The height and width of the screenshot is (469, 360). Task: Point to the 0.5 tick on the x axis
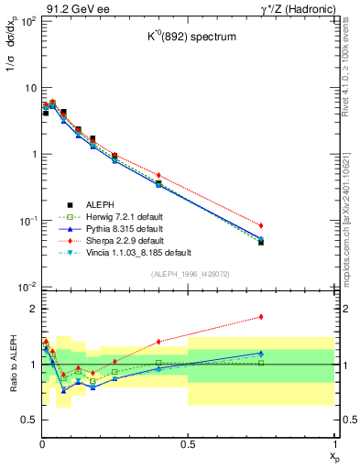pos(189,443)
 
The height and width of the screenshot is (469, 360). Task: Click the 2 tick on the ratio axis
pos(28,310)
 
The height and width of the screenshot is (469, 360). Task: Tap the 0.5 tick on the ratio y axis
pos(25,420)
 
